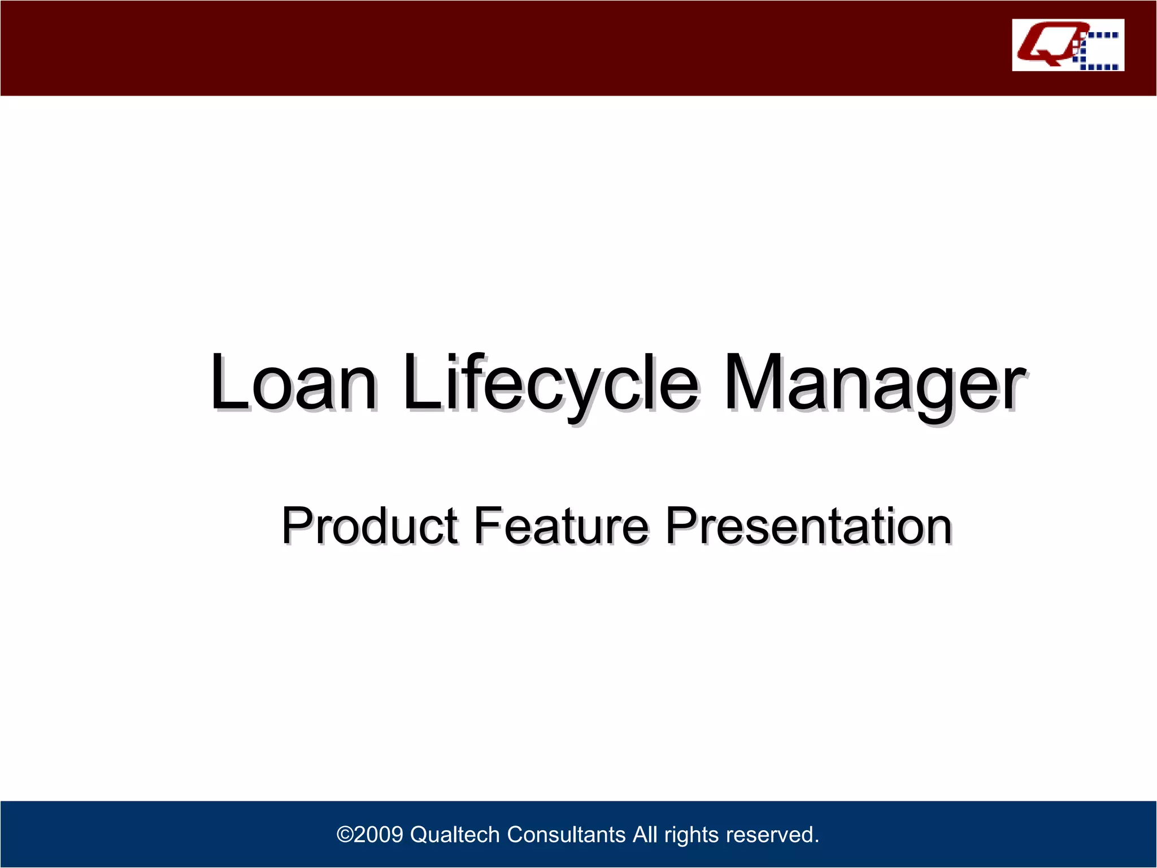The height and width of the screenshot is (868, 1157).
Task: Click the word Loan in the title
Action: (293, 383)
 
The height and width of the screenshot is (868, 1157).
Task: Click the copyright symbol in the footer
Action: (345, 835)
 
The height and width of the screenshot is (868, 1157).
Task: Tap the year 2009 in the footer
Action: (379, 835)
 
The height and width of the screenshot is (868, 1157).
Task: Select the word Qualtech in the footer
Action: (455, 835)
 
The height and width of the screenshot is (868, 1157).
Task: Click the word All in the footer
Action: (645, 835)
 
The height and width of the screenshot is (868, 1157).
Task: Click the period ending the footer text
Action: (816, 841)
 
